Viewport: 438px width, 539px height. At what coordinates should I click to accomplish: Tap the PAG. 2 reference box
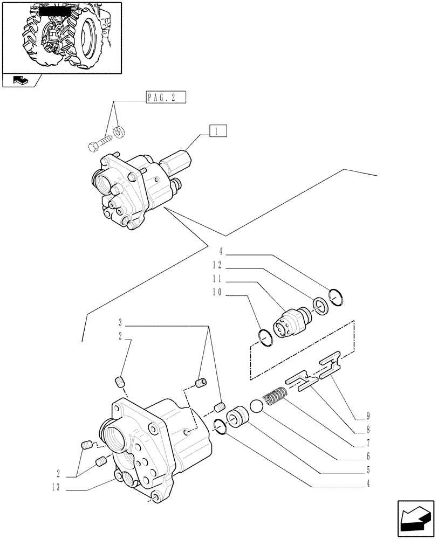tap(165, 98)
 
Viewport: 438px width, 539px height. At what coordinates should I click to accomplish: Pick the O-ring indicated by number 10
tap(265, 337)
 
